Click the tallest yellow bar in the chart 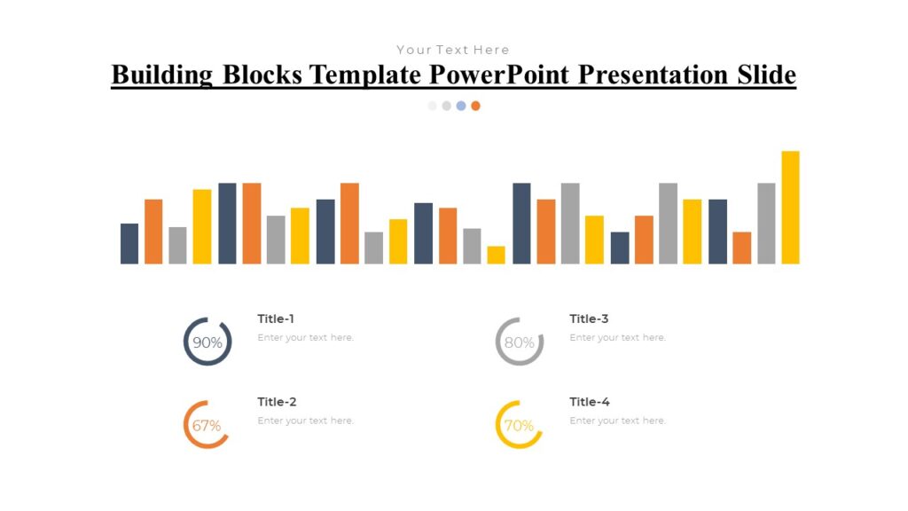click(x=790, y=208)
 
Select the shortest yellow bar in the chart click(x=496, y=255)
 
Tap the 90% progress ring click(x=207, y=342)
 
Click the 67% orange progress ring click(x=207, y=425)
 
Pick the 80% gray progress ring click(x=520, y=342)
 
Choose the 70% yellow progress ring click(x=519, y=425)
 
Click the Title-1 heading click(x=276, y=318)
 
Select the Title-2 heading click(x=277, y=402)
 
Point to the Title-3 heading click(x=589, y=318)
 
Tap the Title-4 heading click(x=590, y=402)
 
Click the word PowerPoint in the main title click(x=500, y=75)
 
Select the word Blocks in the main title click(x=262, y=75)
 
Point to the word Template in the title click(x=365, y=75)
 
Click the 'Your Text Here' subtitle click(x=453, y=50)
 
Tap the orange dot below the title click(x=475, y=106)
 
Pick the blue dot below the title click(x=461, y=106)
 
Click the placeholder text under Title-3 click(x=617, y=337)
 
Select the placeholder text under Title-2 click(x=305, y=421)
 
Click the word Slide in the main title click(x=767, y=75)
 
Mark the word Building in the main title click(x=162, y=75)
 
